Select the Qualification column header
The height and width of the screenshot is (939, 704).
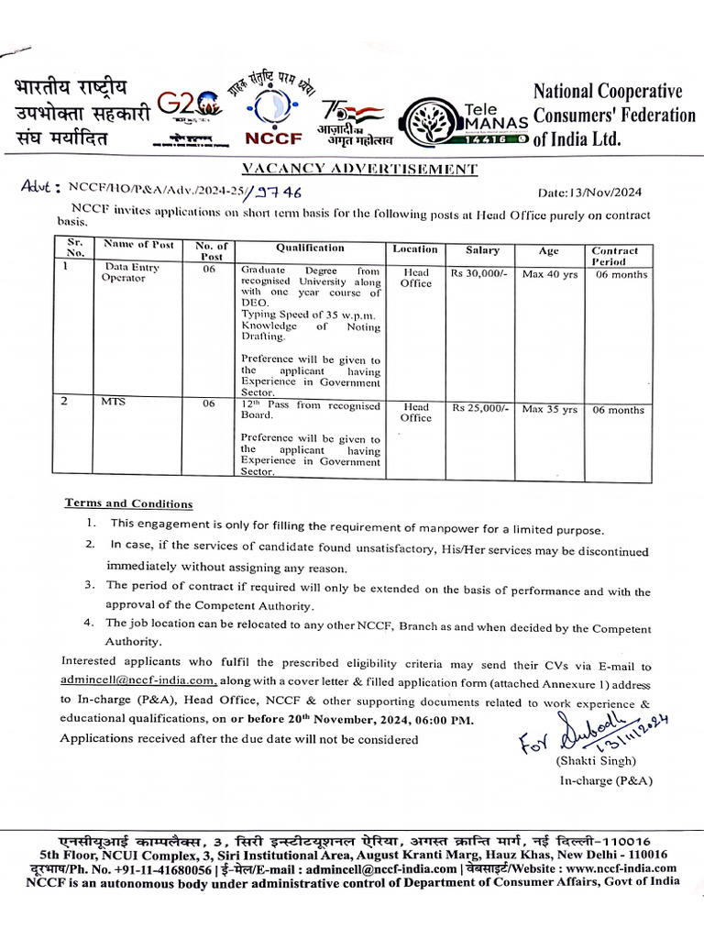tap(310, 249)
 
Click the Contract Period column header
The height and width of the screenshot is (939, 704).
tap(614, 256)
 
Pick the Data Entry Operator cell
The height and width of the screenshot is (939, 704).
tap(129, 272)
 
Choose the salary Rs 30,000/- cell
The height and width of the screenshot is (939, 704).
tap(479, 272)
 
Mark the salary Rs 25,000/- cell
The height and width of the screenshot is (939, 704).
tap(479, 408)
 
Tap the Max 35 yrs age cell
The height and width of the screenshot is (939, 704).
tap(549, 409)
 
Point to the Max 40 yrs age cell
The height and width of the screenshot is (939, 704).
tap(549, 273)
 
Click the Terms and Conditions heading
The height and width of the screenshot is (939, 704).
tap(128, 503)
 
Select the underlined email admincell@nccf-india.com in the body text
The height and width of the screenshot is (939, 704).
tap(138, 680)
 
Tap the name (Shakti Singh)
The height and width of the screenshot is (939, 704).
tap(595, 761)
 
